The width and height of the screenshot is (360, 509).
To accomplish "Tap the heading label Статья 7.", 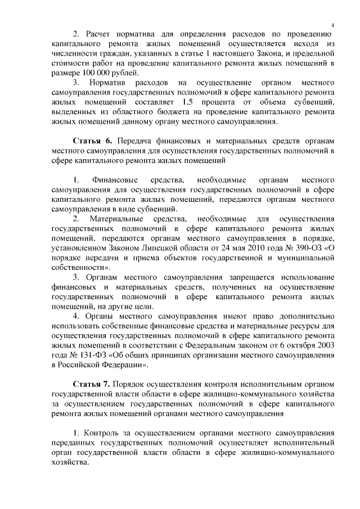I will coord(92,384).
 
